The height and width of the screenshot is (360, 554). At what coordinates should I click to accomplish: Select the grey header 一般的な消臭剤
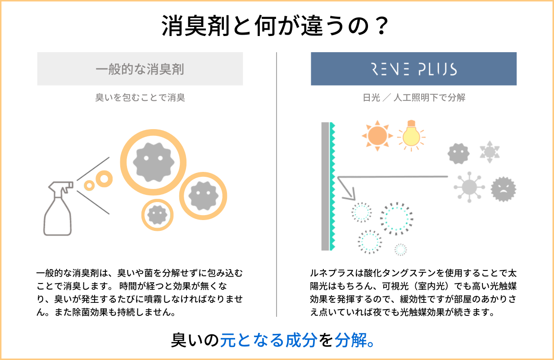coord(140,69)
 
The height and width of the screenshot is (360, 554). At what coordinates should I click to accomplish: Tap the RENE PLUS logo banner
coord(413,69)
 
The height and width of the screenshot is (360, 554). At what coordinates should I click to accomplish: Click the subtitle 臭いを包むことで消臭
coord(140,98)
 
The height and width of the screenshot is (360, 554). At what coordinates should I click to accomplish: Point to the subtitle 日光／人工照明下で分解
coord(413,98)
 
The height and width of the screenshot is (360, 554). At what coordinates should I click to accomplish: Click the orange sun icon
coord(377,135)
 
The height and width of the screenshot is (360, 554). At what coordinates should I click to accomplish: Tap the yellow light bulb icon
coord(411,135)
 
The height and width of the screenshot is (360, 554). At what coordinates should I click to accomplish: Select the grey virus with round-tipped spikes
coord(469,185)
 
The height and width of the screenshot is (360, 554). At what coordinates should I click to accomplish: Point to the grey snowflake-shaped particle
coord(489,152)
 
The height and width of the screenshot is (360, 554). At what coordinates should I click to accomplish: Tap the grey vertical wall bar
coord(325,186)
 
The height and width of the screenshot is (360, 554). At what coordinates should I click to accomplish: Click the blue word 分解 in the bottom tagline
coord(349,340)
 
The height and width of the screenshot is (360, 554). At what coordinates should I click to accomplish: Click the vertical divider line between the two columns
coord(277,184)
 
